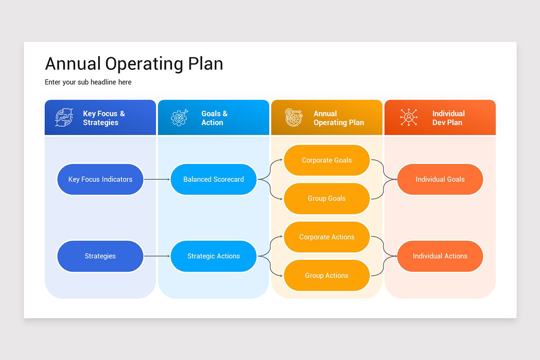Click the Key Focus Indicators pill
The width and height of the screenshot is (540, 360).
(x=100, y=179)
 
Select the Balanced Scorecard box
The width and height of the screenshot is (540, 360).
(x=213, y=179)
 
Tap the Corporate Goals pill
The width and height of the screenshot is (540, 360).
(x=327, y=160)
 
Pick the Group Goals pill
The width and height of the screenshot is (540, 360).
(x=327, y=198)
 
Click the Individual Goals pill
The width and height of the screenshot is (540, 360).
(x=440, y=179)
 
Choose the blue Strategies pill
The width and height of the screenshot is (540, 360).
(x=100, y=256)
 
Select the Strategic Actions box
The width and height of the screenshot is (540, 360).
(x=213, y=256)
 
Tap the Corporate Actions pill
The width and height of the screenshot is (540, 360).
(x=327, y=237)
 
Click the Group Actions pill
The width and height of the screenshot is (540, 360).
(x=327, y=275)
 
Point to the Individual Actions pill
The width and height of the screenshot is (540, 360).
(x=440, y=256)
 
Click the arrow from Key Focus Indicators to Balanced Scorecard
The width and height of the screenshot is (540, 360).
(x=157, y=179)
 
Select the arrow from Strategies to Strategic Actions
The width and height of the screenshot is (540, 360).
(x=157, y=256)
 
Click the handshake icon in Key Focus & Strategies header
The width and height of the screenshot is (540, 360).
(x=64, y=117)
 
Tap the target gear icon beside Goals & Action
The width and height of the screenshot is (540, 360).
(x=179, y=117)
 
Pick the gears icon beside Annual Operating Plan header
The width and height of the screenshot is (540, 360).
(x=294, y=117)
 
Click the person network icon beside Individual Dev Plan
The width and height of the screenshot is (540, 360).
(x=409, y=117)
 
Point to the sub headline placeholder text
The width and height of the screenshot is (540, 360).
(x=88, y=82)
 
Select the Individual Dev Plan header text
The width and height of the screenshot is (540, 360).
(x=448, y=118)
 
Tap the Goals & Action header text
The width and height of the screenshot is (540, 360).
(x=214, y=118)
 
